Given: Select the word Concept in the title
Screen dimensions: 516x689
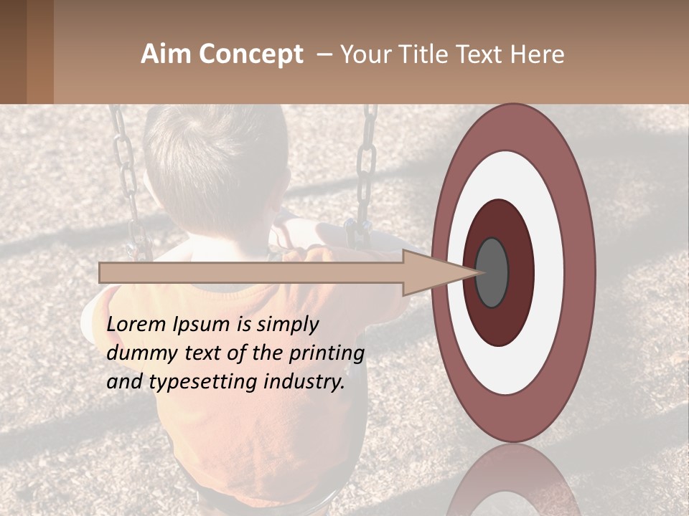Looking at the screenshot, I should (250, 55).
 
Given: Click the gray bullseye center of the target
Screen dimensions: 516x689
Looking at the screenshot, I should (492, 272).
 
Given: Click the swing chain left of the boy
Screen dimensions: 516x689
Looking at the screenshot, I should (126, 172).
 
